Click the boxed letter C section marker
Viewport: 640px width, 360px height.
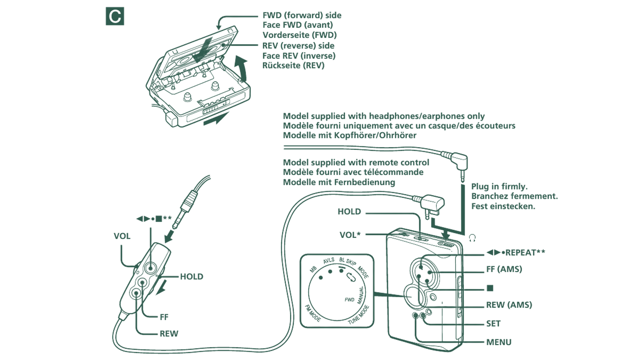point(115,16)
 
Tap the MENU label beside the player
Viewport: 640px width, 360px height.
point(498,342)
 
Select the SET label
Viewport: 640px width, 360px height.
point(493,324)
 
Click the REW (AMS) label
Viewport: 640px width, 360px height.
point(509,305)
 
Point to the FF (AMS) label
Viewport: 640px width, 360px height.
point(504,269)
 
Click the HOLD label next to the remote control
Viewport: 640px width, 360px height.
point(192,276)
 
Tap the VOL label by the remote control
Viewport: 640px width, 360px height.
point(122,236)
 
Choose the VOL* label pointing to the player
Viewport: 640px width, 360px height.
point(350,235)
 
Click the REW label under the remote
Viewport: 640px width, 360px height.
point(169,334)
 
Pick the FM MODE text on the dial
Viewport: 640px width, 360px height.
point(313,313)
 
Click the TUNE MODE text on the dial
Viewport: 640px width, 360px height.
point(359,315)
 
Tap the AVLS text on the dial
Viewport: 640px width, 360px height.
point(329,261)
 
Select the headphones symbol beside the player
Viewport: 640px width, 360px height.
point(472,238)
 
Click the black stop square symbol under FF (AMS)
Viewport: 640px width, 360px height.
point(490,288)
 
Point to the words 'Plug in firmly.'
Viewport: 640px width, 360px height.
point(499,186)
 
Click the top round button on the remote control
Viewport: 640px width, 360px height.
point(150,267)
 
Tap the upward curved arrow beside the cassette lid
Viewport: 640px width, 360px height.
point(240,68)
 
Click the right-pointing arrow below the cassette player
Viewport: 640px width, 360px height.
point(216,119)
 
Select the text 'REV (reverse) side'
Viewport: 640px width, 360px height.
point(298,46)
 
